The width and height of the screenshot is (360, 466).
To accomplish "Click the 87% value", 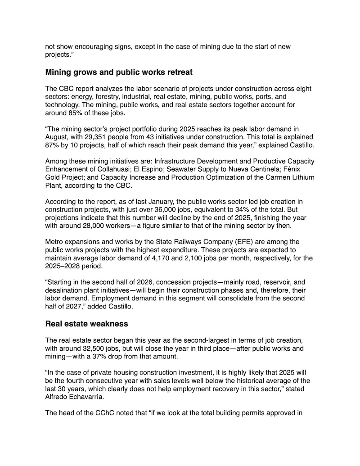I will (x=53, y=145).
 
